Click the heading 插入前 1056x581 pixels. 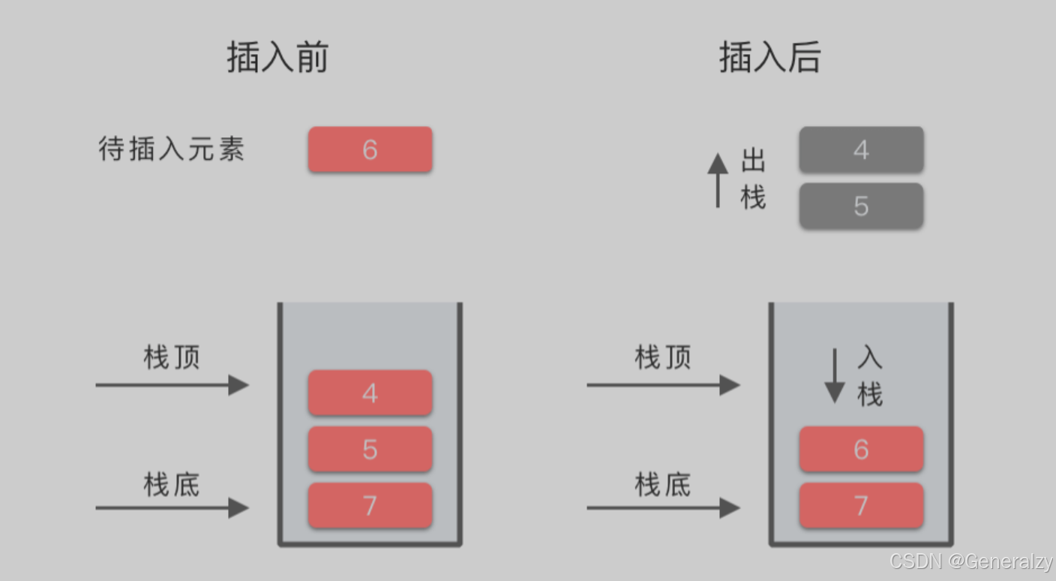(277, 58)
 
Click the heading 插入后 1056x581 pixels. (769, 58)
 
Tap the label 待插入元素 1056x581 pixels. (172, 149)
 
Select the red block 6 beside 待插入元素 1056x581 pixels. (370, 149)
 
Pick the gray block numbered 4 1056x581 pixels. (861, 149)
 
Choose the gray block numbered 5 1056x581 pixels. (861, 206)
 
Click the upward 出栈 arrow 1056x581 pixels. (718, 180)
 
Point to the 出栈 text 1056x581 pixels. (753, 179)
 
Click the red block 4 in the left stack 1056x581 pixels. (370, 393)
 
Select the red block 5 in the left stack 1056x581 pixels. (370, 449)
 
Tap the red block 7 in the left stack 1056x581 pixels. (370, 505)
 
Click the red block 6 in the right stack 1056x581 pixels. (861, 449)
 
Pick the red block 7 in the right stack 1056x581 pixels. (861, 505)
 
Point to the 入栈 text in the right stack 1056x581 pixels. (870, 376)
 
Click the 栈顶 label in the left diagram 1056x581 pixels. (172, 357)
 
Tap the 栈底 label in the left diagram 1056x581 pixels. (172, 485)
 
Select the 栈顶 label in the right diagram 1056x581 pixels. (663, 357)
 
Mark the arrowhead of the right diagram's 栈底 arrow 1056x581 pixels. (730, 508)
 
